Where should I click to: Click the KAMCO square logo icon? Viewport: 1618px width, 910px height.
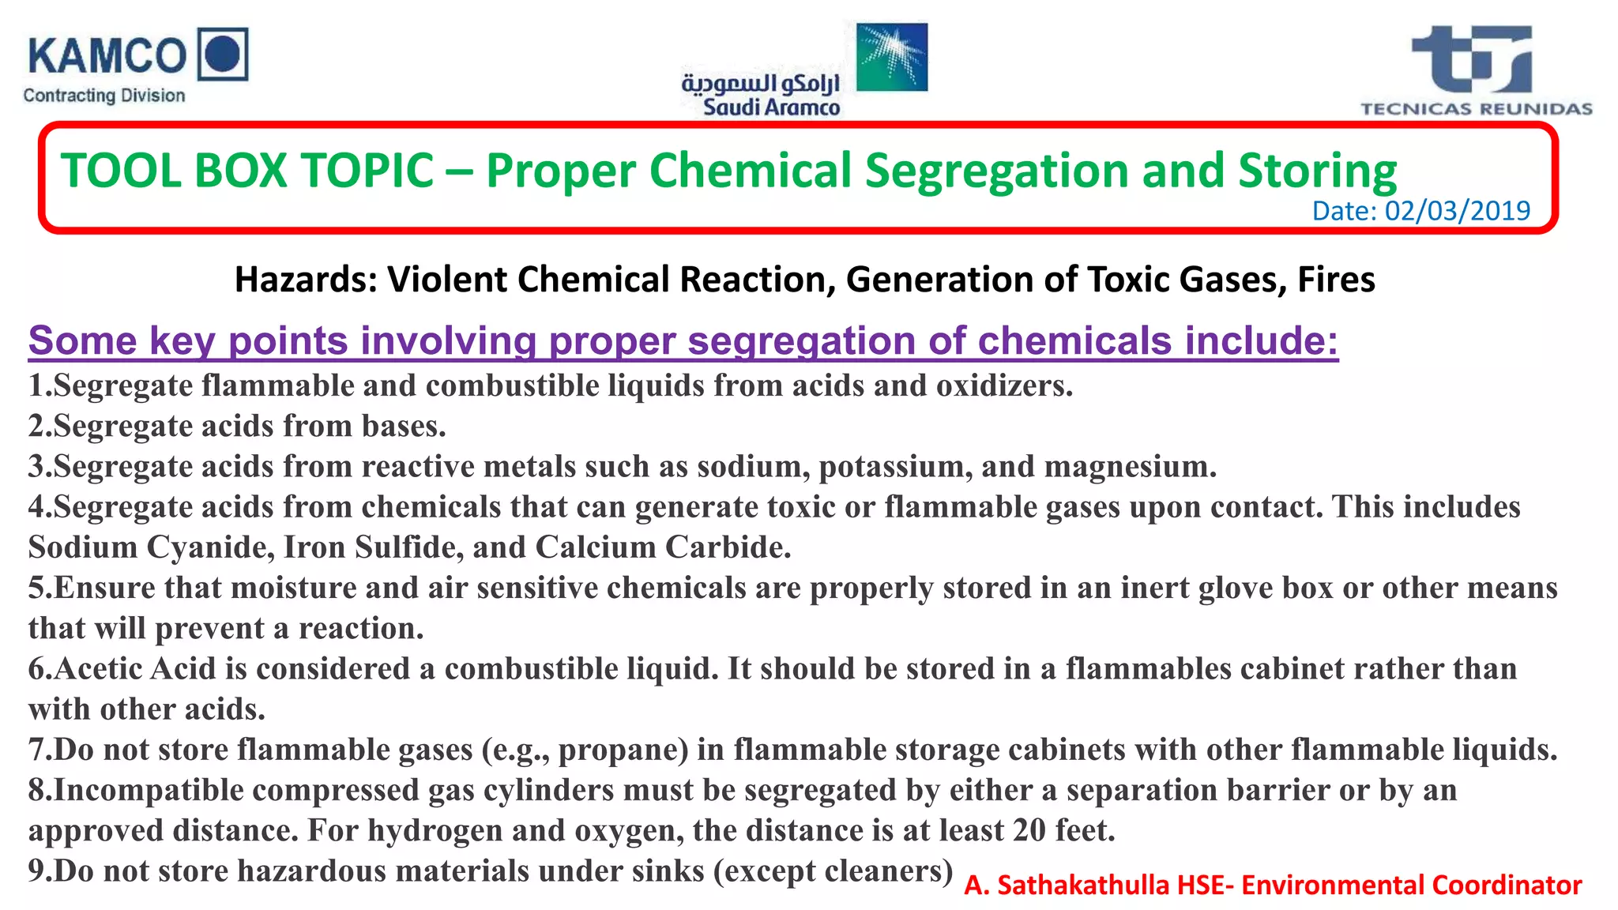[222, 54]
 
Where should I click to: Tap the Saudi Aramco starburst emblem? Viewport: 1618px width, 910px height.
[892, 56]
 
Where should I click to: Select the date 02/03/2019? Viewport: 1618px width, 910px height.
[1457, 211]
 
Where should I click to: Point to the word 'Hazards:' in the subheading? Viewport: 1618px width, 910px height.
[306, 280]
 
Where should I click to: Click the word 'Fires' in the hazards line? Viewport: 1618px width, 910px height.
[1336, 280]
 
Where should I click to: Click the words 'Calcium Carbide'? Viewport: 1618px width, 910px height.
[661, 547]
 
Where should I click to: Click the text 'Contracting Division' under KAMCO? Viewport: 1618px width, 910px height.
[104, 96]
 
